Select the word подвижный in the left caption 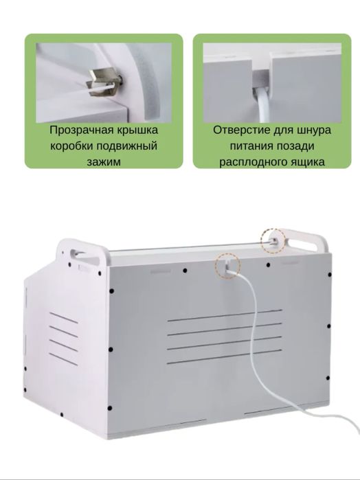click(x=128, y=146)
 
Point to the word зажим click(x=104, y=162)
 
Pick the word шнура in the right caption click(x=316, y=129)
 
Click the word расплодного click(x=254, y=162)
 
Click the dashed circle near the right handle click(x=272, y=240)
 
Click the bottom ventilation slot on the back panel click(x=225, y=361)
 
